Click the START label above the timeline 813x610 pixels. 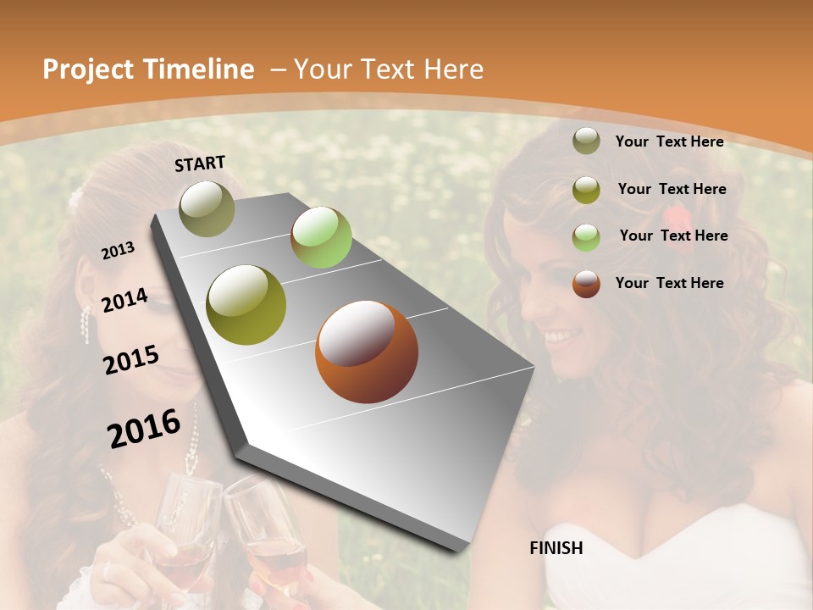point(200,164)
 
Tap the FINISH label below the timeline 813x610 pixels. point(556,548)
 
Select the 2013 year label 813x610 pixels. point(119,251)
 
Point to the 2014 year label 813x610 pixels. point(125,301)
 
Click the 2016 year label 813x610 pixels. point(144,428)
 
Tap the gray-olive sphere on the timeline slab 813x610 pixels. point(207,208)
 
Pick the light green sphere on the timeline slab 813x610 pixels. point(321,237)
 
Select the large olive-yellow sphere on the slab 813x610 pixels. point(246,305)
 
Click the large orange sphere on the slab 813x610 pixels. point(367,352)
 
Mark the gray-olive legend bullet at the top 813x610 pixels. point(586,141)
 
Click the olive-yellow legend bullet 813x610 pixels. point(586,189)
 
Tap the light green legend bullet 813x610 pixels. point(586,236)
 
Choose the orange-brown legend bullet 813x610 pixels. point(586,284)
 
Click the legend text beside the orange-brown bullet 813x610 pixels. point(669,283)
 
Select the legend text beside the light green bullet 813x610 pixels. point(673,236)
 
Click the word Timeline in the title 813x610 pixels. point(199,69)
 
